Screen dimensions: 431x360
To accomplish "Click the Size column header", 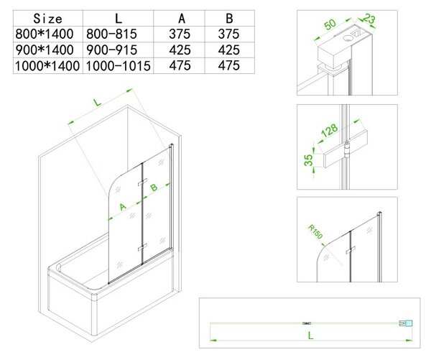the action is tap(47, 19).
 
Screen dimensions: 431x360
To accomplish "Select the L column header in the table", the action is tap(119, 19).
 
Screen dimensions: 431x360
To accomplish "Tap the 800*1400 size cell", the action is tap(45, 34).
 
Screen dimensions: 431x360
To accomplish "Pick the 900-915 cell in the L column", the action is tap(111, 50).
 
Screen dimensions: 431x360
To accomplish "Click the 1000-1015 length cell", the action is tap(119, 66).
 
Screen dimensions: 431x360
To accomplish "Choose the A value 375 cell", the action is tap(180, 34).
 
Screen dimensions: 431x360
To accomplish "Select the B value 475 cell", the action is tap(228, 65).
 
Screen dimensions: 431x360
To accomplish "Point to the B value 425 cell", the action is tap(228, 50).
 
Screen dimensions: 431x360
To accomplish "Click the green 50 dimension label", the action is tap(330, 24).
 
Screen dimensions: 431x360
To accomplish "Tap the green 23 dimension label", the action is tap(369, 19).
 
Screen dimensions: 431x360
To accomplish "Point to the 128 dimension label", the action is tap(329, 130).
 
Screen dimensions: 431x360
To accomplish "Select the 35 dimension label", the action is tap(308, 160).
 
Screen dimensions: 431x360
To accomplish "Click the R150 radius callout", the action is tap(315, 231).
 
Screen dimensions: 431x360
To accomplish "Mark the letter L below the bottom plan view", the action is tap(310, 336).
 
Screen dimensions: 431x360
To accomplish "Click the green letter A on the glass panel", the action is tap(123, 206).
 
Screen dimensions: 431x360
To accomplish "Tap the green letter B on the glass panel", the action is tap(154, 188).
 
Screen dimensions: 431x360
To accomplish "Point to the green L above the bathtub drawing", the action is tap(97, 102).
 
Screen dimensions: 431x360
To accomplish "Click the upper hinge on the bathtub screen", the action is tap(142, 182).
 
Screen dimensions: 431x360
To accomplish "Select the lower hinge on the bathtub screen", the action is tap(142, 247).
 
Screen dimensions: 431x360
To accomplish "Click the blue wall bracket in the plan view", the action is tap(409, 323).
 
